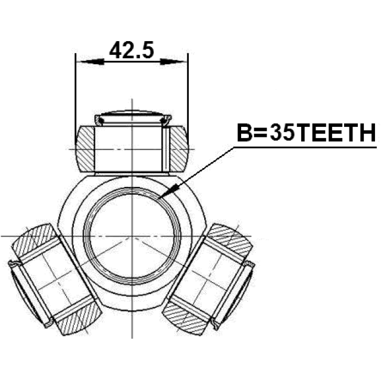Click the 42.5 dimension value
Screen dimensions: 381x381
[132, 50]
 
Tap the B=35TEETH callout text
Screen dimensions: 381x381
[306, 133]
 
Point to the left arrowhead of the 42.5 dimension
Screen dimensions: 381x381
[90, 62]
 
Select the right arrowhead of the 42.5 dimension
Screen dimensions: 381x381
[173, 62]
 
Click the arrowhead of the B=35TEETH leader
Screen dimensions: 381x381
[168, 191]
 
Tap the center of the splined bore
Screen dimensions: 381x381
[132, 236]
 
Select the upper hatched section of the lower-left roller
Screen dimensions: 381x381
[35, 239]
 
